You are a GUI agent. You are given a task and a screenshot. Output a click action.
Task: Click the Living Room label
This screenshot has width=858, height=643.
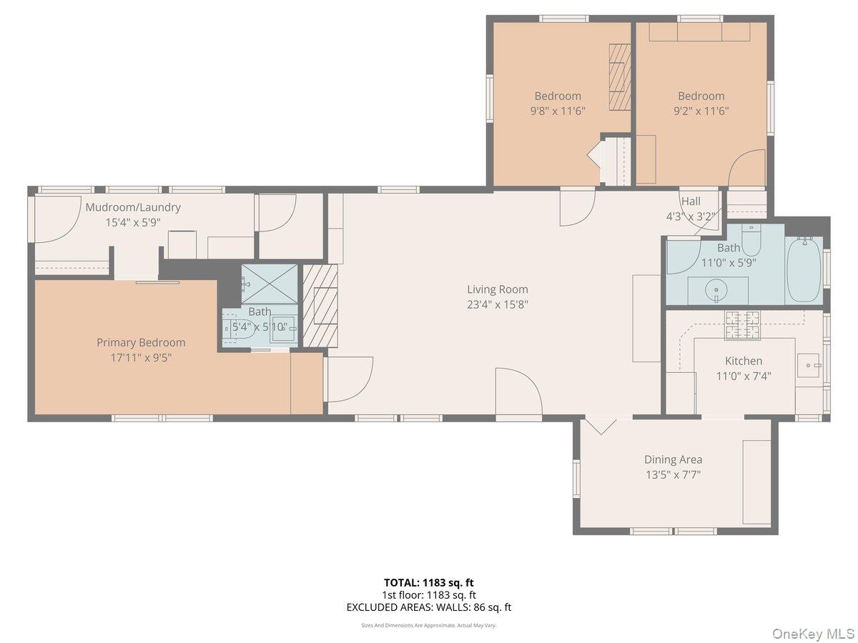[498, 289]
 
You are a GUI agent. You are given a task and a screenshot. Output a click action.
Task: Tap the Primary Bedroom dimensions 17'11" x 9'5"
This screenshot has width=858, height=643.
[140, 358]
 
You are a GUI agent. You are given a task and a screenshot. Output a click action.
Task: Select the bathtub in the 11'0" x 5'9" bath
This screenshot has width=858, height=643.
[804, 269]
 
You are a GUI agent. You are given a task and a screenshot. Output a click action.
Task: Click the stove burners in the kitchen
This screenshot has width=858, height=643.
[743, 325]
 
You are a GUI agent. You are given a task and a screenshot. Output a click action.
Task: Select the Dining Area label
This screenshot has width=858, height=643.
[673, 459]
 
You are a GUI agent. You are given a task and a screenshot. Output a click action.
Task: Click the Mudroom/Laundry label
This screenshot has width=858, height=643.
[133, 207]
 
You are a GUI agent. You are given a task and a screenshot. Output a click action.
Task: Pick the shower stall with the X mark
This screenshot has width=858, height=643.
[269, 284]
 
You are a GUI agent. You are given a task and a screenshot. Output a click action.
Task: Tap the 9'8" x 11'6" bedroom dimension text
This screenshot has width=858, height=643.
[558, 111]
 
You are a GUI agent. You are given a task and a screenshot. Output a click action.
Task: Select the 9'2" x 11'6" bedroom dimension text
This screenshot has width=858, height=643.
[701, 111]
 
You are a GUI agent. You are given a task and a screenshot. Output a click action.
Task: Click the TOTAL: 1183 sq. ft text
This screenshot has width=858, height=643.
[428, 582]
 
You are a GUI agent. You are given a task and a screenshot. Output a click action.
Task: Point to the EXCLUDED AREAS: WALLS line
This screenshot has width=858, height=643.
[428, 607]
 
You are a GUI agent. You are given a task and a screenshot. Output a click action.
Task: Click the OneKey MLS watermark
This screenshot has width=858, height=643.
[815, 633]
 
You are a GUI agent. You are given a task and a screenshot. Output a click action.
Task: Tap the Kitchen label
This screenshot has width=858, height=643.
[744, 361]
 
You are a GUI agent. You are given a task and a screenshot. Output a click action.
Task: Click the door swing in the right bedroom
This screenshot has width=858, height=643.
[747, 168]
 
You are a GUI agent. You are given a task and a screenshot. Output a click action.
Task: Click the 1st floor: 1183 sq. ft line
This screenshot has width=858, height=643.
[428, 594]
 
